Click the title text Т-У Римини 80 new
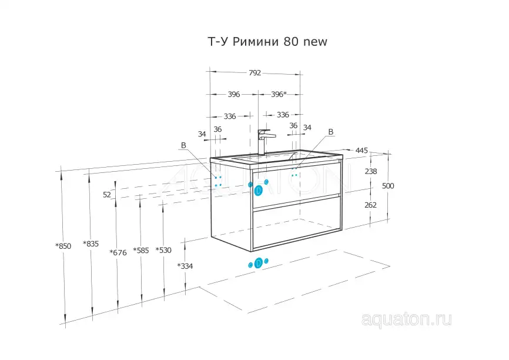pos(267,42)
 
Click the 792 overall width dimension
pos(254,74)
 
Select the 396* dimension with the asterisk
pos(279,94)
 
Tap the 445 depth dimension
pos(361,151)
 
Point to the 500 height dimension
pos(388,186)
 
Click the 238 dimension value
pos(371,172)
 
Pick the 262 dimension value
pos(371,205)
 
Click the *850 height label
pos(63,246)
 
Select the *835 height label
pos(91,244)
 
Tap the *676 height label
pos(118,252)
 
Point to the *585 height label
pos(141,250)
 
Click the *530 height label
pos(163,250)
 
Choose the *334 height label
pos(185,266)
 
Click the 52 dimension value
pos(107,195)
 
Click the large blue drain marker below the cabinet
pos(259,264)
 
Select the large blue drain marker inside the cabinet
pos(258,190)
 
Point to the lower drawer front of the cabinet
pos(296,222)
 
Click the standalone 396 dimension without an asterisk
pos(234,94)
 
